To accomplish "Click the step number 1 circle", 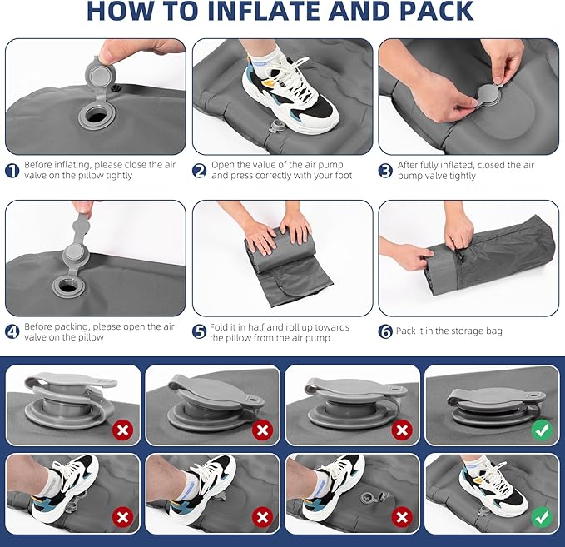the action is point(12,170).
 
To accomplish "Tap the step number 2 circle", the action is point(199,170).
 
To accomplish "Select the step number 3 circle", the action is point(385,170).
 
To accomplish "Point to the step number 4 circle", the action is point(12,331).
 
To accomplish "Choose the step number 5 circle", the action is point(199,331).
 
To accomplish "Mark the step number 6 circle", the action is point(385,331).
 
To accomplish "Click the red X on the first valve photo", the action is point(123,430).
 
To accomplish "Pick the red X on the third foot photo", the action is point(402,517).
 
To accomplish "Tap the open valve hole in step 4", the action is point(66,286).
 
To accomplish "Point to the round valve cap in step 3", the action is point(489,95).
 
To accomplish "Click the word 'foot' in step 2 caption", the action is point(343,175).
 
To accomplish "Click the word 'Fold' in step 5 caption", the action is point(219,326).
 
